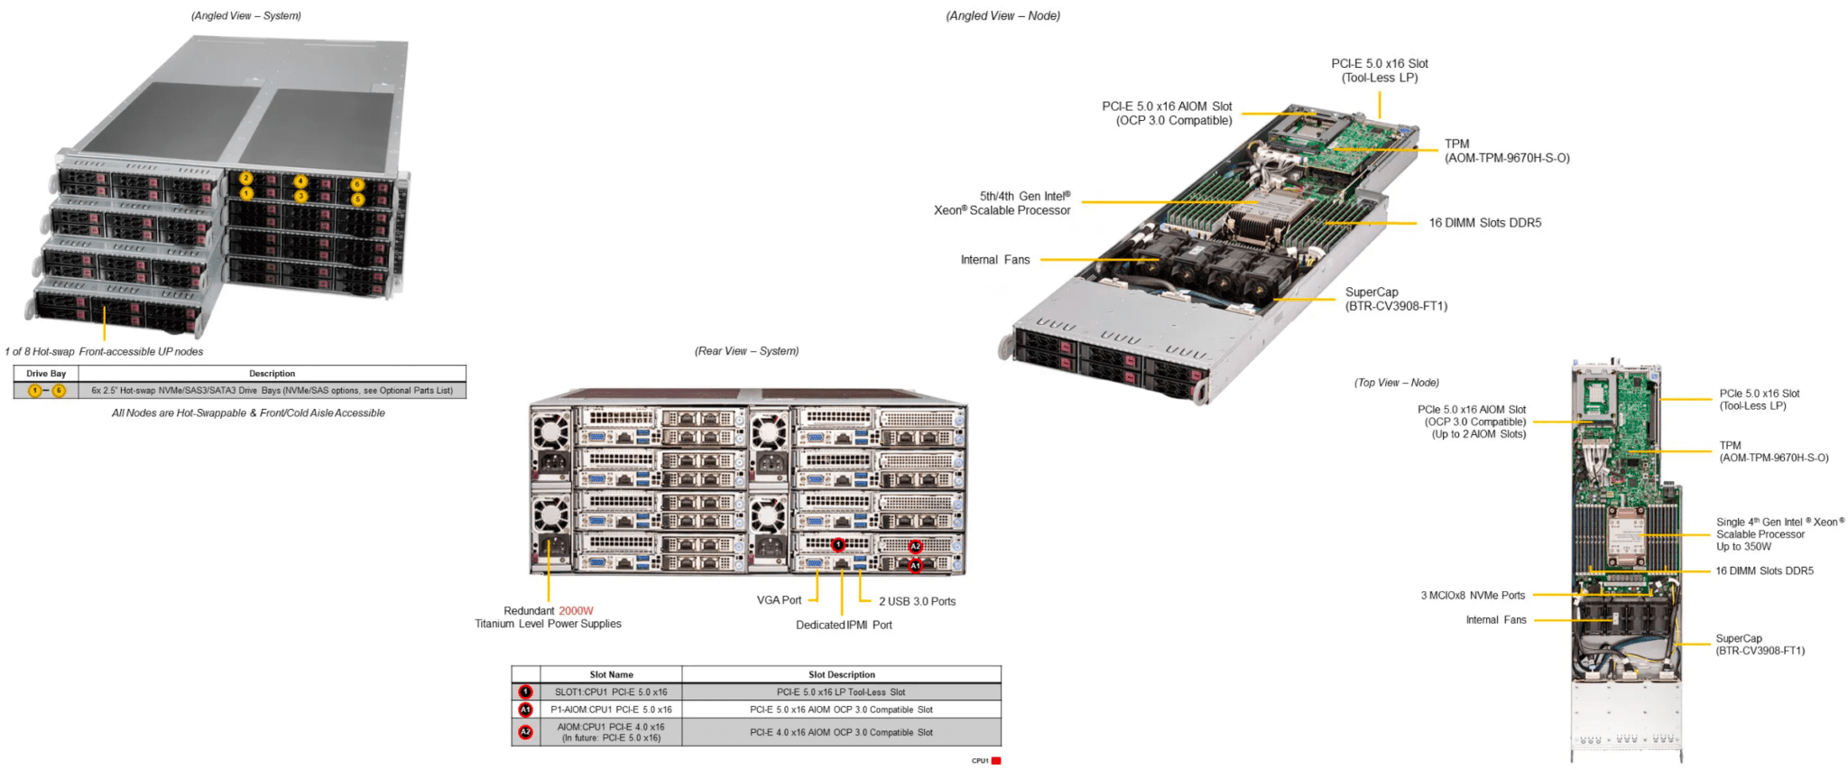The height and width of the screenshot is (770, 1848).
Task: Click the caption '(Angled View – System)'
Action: pyautogui.click(x=246, y=16)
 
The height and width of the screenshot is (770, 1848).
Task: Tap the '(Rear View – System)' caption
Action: pyautogui.click(x=746, y=351)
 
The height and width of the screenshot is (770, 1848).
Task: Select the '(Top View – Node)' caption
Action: pyautogui.click(x=1396, y=383)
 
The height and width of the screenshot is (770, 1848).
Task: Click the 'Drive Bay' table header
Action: pyautogui.click(x=46, y=374)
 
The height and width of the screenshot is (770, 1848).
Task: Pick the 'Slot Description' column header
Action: pyautogui.click(x=841, y=674)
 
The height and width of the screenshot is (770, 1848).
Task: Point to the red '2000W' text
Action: pyautogui.click(x=576, y=611)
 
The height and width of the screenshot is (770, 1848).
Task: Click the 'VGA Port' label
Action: pyautogui.click(x=779, y=600)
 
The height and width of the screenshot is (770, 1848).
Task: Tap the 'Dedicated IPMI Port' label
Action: pyautogui.click(x=844, y=625)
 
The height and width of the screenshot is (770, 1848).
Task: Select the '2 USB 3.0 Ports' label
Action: pyautogui.click(x=917, y=601)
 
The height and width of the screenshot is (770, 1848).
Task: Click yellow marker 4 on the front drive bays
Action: pyautogui.click(x=300, y=181)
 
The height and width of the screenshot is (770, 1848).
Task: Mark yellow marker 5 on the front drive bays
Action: pyautogui.click(x=358, y=199)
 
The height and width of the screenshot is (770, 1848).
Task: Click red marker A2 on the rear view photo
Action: pyautogui.click(x=915, y=547)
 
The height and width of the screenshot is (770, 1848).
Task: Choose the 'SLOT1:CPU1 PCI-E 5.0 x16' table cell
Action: pyautogui.click(x=611, y=692)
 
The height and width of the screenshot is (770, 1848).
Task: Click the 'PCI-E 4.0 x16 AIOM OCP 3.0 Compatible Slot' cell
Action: pyautogui.click(x=841, y=732)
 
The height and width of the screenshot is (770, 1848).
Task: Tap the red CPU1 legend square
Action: pyautogui.click(x=996, y=761)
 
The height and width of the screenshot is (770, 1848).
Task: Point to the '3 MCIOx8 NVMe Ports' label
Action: pyautogui.click(x=1473, y=596)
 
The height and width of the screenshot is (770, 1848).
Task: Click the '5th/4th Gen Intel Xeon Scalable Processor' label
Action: pyautogui.click(x=1003, y=203)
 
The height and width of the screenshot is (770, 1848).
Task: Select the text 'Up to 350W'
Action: pyautogui.click(x=1743, y=547)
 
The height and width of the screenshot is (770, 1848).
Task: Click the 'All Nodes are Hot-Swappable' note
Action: pyautogui.click(x=248, y=413)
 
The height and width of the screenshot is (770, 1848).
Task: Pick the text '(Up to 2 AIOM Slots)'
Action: pyautogui.click(x=1478, y=434)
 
